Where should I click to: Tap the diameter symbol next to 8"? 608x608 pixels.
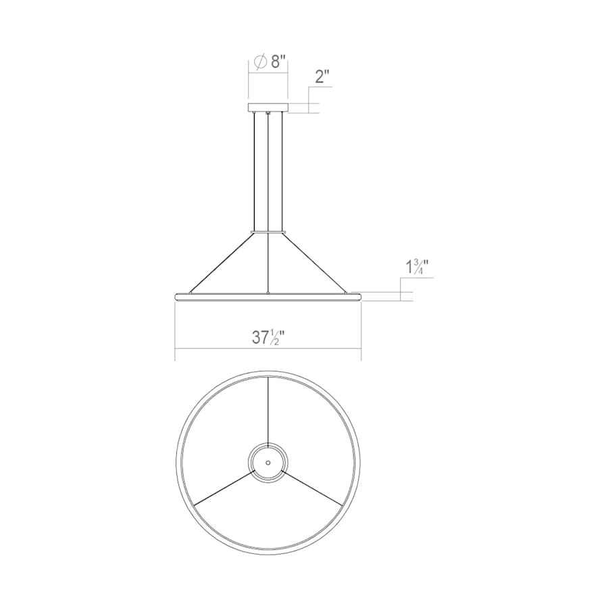tap(260, 62)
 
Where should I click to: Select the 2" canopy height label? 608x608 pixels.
tap(322, 76)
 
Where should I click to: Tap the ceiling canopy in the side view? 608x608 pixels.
tap(268, 107)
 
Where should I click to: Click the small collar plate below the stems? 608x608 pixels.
tap(268, 232)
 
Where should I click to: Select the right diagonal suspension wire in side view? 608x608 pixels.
tap(315, 263)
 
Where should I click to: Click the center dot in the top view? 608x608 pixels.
tap(268, 462)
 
